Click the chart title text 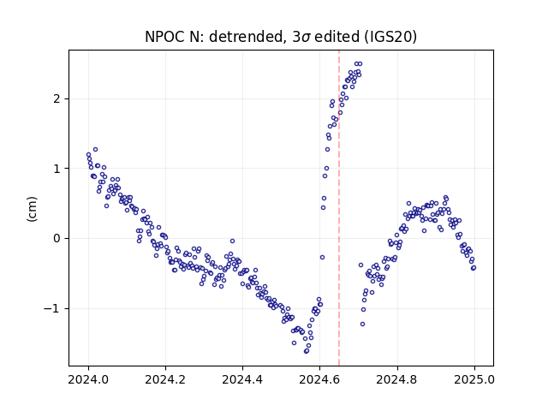coord(281,37)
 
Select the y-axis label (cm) coord(32,209)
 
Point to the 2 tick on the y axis coord(57,99)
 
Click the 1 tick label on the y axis coord(57,169)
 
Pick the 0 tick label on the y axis coord(57,238)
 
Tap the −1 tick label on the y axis coord(51,308)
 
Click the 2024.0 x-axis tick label coord(88,379)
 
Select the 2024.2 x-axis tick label coord(165,379)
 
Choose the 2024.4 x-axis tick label coord(242,379)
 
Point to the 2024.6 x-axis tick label coord(319,379)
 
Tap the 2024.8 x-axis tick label coord(396,379)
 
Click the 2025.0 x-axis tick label coord(474,379)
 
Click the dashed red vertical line coord(339,208)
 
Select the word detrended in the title coord(246,37)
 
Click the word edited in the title coord(337,37)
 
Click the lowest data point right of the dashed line coord(362,324)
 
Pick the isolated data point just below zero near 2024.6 coord(322,257)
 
